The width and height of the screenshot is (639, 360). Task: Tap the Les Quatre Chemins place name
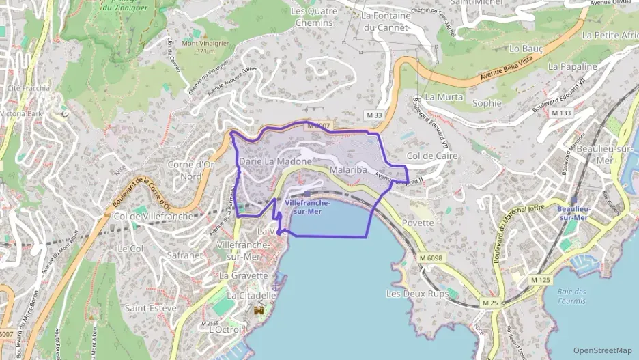tap(314, 16)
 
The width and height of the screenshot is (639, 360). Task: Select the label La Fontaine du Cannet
tap(386, 21)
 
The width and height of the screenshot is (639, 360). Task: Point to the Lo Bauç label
tap(525, 49)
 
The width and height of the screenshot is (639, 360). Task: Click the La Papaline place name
tap(572, 66)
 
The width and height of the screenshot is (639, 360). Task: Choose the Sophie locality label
tap(487, 103)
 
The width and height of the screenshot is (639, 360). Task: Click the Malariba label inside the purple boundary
tap(348, 169)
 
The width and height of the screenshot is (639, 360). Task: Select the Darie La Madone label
tap(275, 161)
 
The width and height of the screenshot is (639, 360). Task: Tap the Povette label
tap(418, 222)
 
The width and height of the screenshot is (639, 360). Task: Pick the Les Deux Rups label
tap(417, 294)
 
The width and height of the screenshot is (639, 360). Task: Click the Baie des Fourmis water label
tap(571, 296)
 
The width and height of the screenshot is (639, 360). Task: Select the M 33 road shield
tap(373, 114)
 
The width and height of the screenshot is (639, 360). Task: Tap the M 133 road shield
tap(561, 112)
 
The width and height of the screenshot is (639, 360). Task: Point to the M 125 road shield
tap(541, 279)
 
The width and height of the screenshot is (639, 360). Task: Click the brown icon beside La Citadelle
tap(259, 311)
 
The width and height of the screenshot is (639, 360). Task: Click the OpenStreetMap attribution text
tap(603, 350)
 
